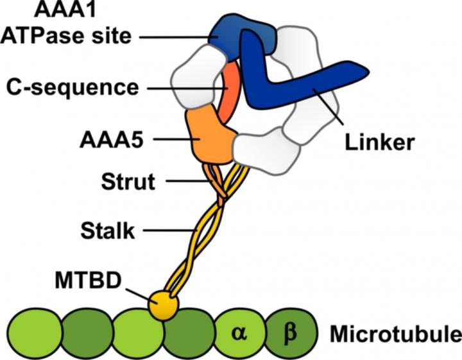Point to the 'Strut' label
(x=128, y=182)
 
